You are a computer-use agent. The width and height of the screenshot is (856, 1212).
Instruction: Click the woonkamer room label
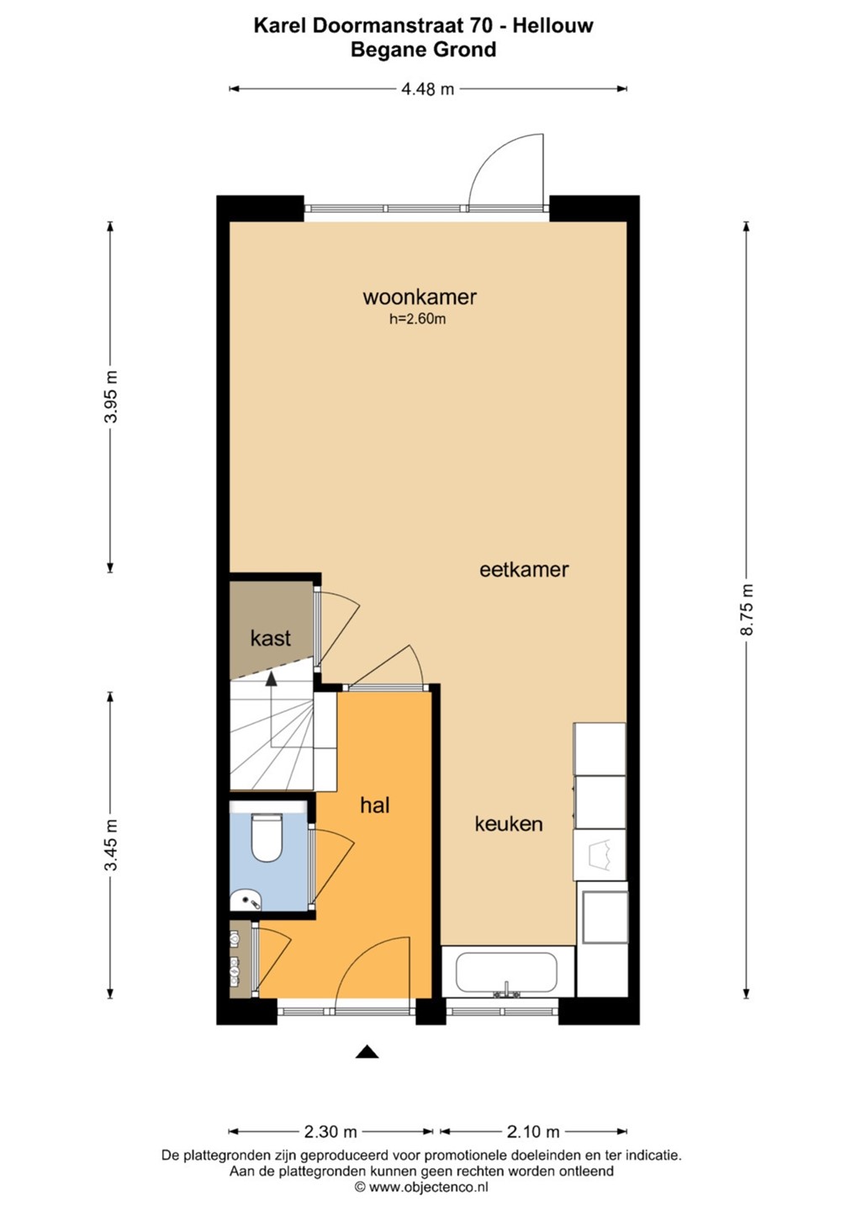click(420, 297)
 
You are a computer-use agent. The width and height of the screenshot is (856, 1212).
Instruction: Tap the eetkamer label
click(524, 570)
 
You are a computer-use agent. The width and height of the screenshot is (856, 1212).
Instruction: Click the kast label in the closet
click(271, 639)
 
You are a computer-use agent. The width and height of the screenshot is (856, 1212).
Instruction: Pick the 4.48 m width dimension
click(427, 88)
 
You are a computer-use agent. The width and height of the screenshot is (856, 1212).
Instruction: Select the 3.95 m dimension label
click(111, 397)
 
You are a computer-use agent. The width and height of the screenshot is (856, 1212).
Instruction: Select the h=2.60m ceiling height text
click(418, 319)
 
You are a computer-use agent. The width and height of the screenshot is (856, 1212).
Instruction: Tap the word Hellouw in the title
click(552, 25)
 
